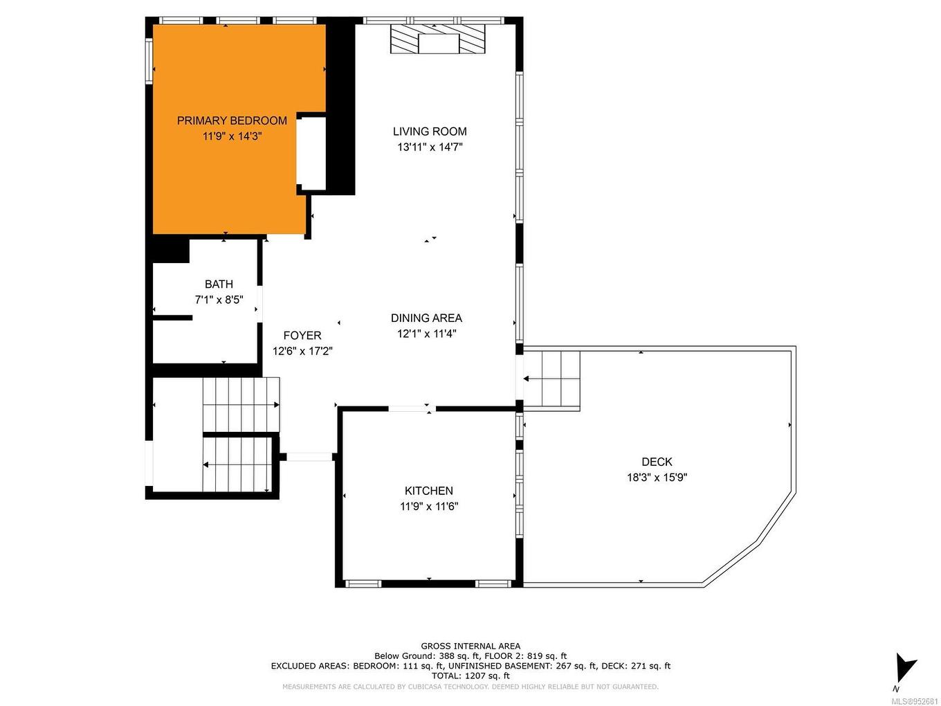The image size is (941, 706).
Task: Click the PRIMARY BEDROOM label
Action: tap(232, 120)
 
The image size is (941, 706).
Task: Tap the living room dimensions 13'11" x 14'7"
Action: tap(430, 147)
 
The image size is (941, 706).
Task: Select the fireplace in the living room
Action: tap(438, 39)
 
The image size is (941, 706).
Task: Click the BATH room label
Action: tap(219, 284)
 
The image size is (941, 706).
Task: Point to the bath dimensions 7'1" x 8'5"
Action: tap(219, 300)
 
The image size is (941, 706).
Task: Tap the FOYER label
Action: tap(302, 336)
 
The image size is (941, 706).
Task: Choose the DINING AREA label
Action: tap(426, 318)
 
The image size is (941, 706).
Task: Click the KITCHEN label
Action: tap(429, 491)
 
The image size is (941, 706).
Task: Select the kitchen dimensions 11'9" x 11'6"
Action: tap(429, 506)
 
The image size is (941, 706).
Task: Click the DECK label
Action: tap(657, 462)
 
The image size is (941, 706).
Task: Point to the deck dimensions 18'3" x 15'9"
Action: tap(657, 477)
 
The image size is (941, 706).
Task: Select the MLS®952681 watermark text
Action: tap(914, 700)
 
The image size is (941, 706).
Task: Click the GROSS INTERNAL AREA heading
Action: tap(470, 646)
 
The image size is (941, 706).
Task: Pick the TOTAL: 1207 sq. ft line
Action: tap(470, 676)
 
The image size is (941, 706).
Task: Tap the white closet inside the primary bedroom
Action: tap(311, 153)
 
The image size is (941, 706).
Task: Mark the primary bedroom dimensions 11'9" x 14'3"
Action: tap(232, 136)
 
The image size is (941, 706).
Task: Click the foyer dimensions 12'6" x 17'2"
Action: tap(302, 351)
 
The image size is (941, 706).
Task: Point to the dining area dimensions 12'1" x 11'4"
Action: tap(426, 333)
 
